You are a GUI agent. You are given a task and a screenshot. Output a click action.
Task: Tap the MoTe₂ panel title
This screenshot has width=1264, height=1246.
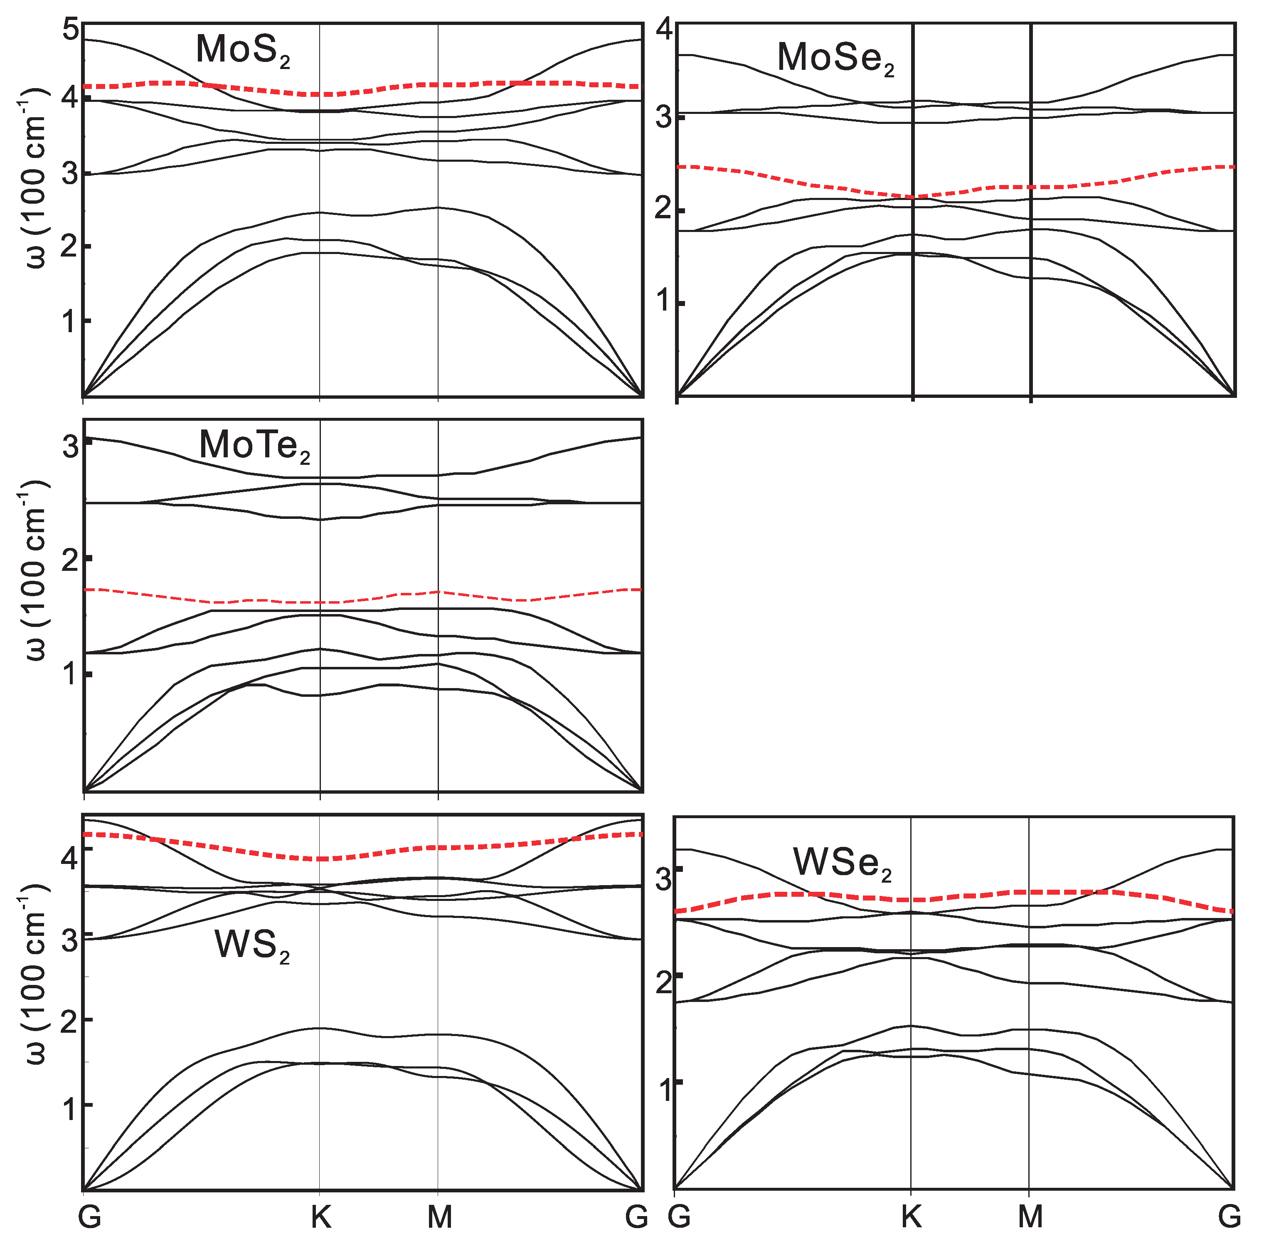[x=254, y=447]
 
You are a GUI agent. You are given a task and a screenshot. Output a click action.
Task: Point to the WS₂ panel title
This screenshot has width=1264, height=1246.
[x=252, y=946]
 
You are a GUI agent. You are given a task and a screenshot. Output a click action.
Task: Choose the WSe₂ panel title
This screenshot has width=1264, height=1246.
[x=843, y=864]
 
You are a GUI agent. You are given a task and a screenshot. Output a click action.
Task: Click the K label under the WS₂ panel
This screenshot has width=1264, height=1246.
[x=320, y=1218]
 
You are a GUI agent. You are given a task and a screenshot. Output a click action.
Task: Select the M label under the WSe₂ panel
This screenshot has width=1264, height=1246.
[x=1030, y=1218]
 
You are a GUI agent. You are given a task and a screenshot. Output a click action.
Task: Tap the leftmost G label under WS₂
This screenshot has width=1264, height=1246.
[x=90, y=1218]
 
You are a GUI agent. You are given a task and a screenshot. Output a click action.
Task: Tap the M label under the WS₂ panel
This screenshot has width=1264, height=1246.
[x=440, y=1218]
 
